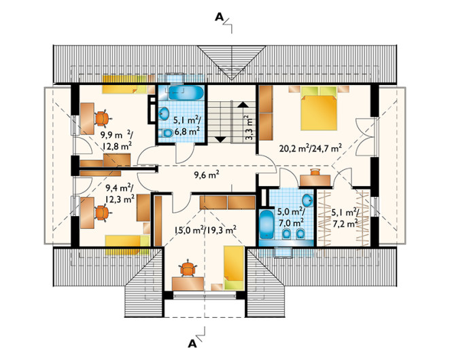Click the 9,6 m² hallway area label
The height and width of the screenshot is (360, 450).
pos(207,175)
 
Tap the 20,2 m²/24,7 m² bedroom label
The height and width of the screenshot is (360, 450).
pos(311,148)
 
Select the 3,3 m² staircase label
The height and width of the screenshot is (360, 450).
pos(249,128)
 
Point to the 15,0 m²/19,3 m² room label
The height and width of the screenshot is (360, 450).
pos(205,230)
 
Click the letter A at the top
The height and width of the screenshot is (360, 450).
pos(219,18)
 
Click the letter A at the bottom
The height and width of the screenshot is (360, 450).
pos(192,344)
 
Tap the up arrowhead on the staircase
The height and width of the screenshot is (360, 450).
pos(243,105)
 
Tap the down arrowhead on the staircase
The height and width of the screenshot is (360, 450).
pos(221,139)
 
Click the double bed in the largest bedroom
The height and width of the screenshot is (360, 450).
pos(319,109)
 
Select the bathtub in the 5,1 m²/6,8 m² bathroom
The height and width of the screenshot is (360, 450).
pos(186,93)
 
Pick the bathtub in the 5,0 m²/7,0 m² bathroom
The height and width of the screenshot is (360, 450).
pos(266,225)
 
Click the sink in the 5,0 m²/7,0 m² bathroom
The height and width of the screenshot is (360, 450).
pos(308,200)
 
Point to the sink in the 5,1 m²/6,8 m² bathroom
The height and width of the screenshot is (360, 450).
pos(164,113)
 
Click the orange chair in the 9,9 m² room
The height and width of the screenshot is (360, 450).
pos(101,118)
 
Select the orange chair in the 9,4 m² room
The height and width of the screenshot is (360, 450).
pos(101,213)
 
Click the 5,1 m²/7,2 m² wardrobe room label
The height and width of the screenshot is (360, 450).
pos(345,218)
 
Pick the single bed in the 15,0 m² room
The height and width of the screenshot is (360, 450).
pos(234,268)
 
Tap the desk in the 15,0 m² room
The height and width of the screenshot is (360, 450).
pos(188,284)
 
